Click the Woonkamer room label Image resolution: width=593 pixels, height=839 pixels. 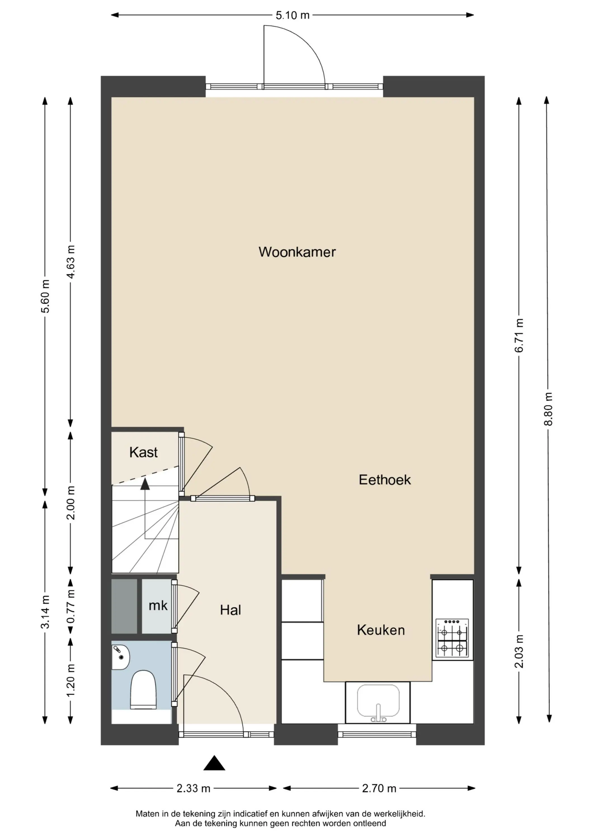pyautogui.click(x=297, y=252)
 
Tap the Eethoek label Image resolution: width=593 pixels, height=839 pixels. pyautogui.click(x=385, y=480)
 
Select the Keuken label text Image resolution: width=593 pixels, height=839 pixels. pyautogui.click(x=381, y=630)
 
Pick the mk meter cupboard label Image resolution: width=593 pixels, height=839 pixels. pyautogui.click(x=158, y=606)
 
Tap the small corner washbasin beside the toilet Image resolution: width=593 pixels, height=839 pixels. pyautogui.click(x=120, y=657)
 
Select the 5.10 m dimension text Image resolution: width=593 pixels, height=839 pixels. pyautogui.click(x=292, y=15)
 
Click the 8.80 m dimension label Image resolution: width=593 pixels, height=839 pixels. pyautogui.click(x=548, y=409)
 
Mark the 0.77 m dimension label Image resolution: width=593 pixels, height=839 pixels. pyautogui.click(x=71, y=606)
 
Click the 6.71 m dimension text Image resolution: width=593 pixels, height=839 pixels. pyautogui.click(x=519, y=335)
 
